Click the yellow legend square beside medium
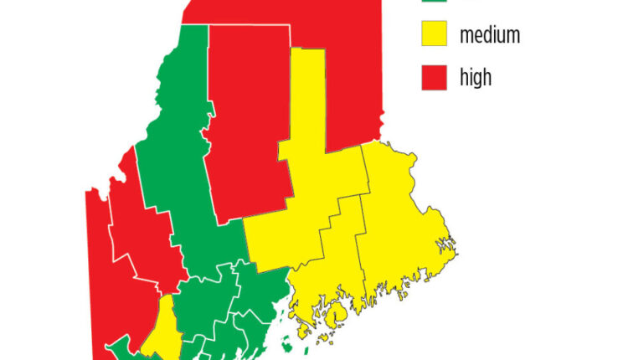pyautogui.click(x=431, y=35)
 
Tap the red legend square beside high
pyautogui.click(x=431, y=77)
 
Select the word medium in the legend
pyautogui.click(x=490, y=35)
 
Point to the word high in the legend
pyautogui.click(x=476, y=78)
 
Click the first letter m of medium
pyautogui.click(x=466, y=36)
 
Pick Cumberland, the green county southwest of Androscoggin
pyautogui.click(x=126, y=347)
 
